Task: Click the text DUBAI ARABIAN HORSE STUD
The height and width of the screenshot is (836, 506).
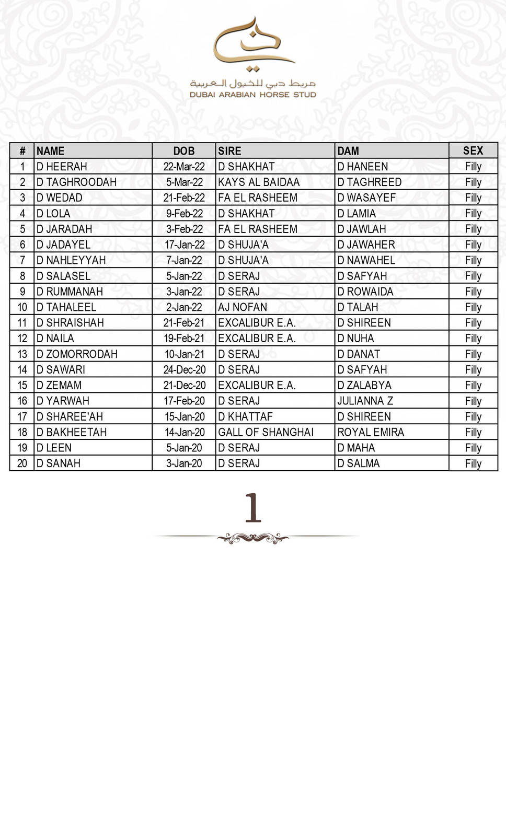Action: [x=253, y=95]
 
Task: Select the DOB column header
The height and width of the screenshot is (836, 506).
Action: [x=183, y=151]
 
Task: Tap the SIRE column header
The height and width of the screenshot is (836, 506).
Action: [x=229, y=151]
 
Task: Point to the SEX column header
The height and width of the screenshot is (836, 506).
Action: [x=473, y=150]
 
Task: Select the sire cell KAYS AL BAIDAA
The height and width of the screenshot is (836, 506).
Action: [x=259, y=182]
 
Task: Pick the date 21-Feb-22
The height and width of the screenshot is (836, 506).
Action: [x=184, y=198]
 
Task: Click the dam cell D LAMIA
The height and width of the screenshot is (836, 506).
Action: [x=356, y=214]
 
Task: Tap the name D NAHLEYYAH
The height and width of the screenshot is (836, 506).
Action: [x=71, y=260]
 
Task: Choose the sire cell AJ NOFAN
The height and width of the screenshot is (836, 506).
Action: [x=243, y=307]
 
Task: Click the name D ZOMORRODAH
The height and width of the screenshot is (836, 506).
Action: [x=77, y=354]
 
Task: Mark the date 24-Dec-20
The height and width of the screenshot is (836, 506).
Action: [x=185, y=370]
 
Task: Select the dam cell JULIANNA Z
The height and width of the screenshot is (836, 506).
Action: [x=365, y=401]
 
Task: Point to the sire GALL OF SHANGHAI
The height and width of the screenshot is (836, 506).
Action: [x=266, y=432]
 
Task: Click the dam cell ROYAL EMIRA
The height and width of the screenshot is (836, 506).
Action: [x=371, y=432]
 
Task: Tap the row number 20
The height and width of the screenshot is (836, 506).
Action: [x=22, y=463]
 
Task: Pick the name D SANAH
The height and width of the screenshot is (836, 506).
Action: [x=59, y=463]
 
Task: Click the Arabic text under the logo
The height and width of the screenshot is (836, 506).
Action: [x=253, y=83]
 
